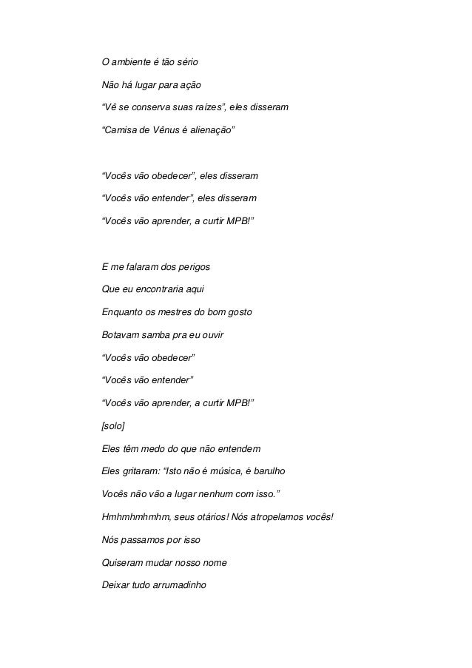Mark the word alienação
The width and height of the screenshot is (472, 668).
pyautogui.click(x=212, y=133)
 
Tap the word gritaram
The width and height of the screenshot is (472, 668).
pyautogui.click(x=144, y=471)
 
